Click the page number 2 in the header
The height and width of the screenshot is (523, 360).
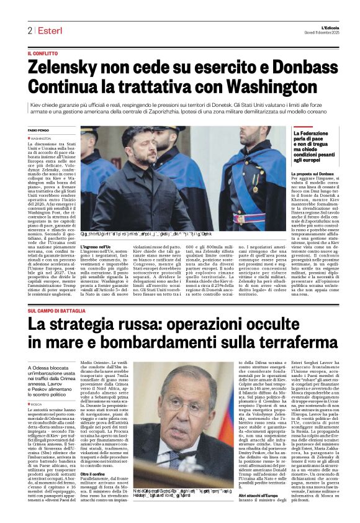click(x=29, y=30)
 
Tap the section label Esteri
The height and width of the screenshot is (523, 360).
click(x=47, y=30)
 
